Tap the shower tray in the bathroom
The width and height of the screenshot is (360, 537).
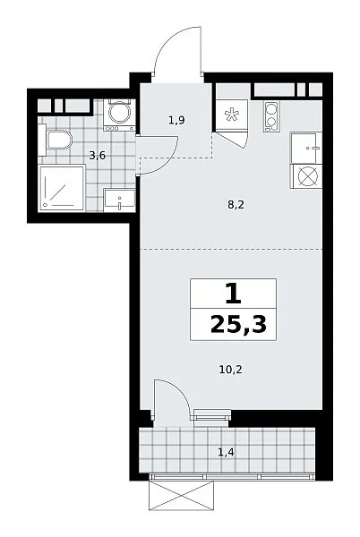(x=62, y=188)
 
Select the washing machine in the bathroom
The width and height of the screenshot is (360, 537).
(x=119, y=115)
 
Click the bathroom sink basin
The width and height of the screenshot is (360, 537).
(x=119, y=200)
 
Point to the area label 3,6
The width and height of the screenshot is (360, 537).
(x=98, y=156)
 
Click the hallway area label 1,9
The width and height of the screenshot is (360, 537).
(x=176, y=120)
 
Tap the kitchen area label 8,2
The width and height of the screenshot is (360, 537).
(x=236, y=205)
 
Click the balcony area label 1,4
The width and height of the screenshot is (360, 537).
(x=226, y=452)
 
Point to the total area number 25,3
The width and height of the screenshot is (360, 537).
(x=238, y=324)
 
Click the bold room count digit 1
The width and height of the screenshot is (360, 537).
(x=234, y=294)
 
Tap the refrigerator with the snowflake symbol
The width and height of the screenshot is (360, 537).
(x=231, y=115)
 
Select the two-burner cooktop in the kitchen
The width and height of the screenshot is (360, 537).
(x=271, y=116)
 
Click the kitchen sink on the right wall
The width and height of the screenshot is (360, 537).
(x=306, y=148)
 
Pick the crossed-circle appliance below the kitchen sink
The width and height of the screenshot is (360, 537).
(x=306, y=176)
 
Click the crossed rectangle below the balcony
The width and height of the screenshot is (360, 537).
(x=182, y=495)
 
